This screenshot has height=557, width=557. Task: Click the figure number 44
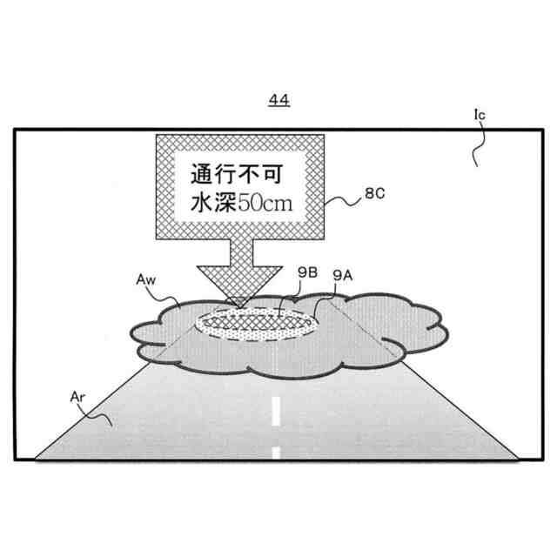278,101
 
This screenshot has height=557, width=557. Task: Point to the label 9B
305,275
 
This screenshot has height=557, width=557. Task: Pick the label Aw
147,280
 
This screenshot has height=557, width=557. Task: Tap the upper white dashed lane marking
276,411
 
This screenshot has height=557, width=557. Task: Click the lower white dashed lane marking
276,452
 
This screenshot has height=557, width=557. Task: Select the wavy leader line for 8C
343,203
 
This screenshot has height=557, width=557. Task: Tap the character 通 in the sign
200,173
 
